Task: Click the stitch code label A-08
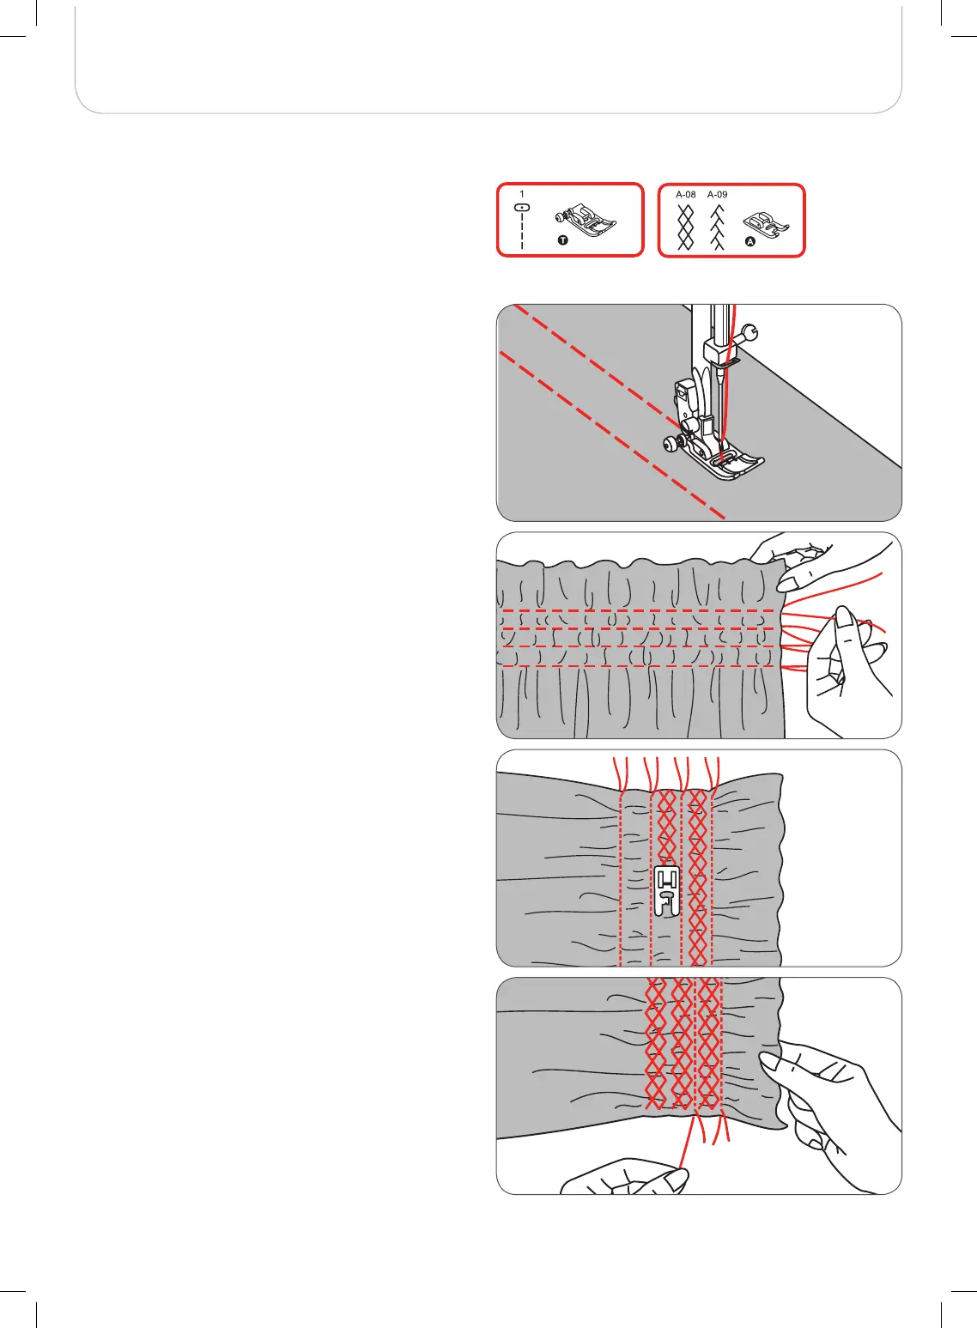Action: point(685,195)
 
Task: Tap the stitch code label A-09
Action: point(717,195)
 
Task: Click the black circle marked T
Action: point(562,241)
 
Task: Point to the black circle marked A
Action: point(749,242)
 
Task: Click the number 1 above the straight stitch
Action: point(522,195)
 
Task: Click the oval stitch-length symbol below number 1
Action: point(522,208)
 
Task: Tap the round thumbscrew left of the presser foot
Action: point(669,444)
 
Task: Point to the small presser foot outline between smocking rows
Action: point(667,891)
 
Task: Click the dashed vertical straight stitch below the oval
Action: point(522,232)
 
